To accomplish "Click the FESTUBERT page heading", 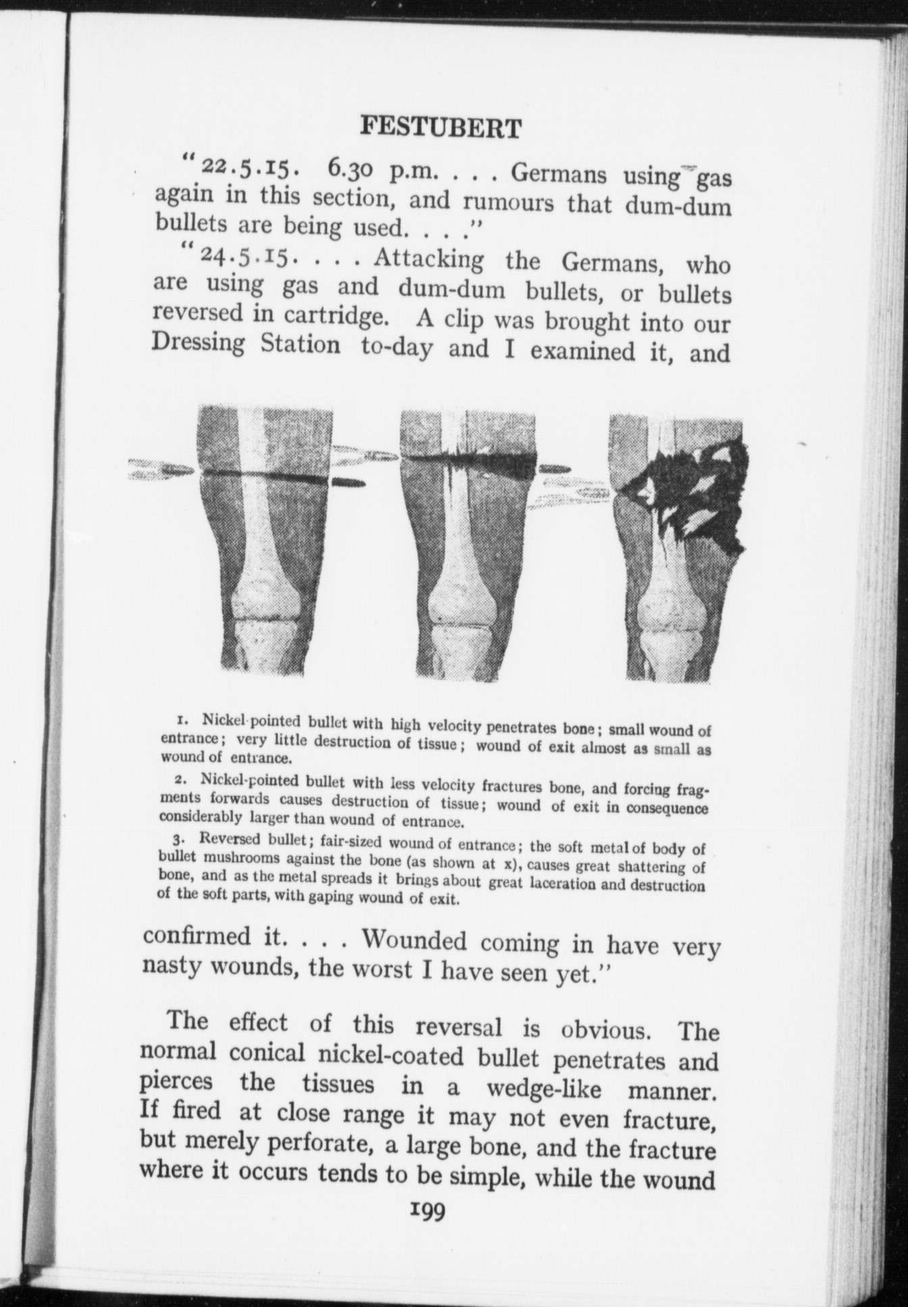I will [x=440, y=127].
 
